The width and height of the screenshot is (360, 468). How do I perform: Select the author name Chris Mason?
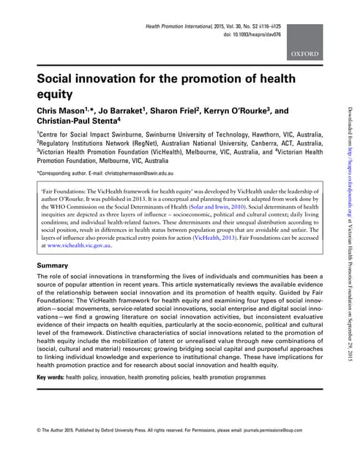point(61,110)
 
